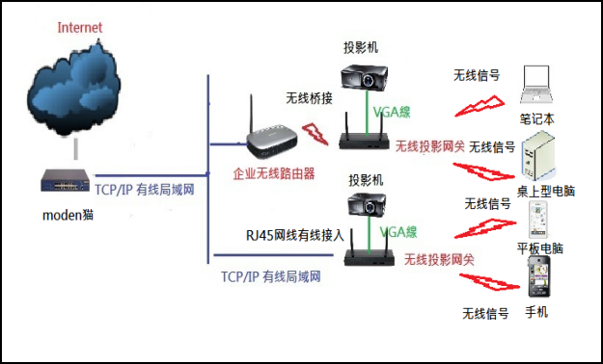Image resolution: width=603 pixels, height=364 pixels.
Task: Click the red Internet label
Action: point(79,26)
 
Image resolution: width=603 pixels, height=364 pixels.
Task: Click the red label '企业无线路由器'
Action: point(274,175)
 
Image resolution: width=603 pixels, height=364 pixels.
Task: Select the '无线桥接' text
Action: point(309,98)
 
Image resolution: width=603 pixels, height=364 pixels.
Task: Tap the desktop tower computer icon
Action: point(537,157)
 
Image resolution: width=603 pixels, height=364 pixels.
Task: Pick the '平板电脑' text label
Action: point(540,248)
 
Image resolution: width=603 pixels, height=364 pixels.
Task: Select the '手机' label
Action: point(535,312)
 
